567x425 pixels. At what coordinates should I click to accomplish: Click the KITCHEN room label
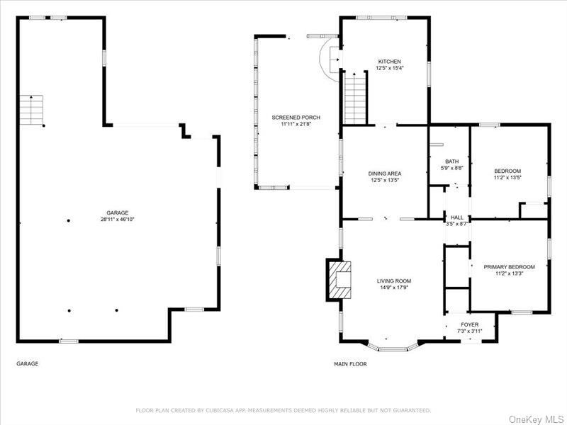(x=389, y=62)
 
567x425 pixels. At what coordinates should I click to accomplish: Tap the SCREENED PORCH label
(x=296, y=117)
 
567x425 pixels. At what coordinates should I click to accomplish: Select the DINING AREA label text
(x=385, y=174)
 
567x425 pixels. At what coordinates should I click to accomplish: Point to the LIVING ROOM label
(x=393, y=281)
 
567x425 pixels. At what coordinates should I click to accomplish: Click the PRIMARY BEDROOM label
(x=509, y=267)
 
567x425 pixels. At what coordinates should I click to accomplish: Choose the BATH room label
(x=451, y=161)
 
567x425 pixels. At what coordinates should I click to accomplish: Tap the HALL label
(x=456, y=217)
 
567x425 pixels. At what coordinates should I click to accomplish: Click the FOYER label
(x=469, y=324)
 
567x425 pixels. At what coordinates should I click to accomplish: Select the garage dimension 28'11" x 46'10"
(x=117, y=220)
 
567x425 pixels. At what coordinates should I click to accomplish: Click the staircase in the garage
(x=31, y=110)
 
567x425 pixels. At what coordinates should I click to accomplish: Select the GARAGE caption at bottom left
(x=27, y=364)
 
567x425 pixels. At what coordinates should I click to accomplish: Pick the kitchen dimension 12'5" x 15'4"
(x=389, y=68)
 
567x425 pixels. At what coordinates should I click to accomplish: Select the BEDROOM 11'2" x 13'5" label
(x=507, y=174)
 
